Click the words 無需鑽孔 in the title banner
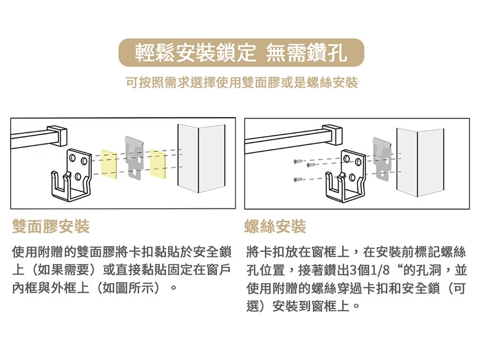pyautogui.click(x=307, y=53)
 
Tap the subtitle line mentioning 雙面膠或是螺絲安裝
pyautogui.click(x=242, y=82)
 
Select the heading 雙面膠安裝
pyautogui.click(x=51, y=227)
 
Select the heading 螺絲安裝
pyautogui.click(x=275, y=227)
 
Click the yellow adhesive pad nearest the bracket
pyautogui.click(x=109, y=164)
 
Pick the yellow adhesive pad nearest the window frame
pyautogui.click(x=158, y=164)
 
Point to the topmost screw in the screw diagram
pyautogui.click(x=298, y=161)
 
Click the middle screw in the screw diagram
pyautogui.click(x=311, y=166)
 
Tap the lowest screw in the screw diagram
pyautogui.click(x=298, y=179)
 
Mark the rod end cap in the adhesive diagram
pyautogui.click(x=56, y=135)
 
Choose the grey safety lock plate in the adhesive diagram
pyautogui.click(x=134, y=158)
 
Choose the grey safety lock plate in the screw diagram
pyautogui.click(x=382, y=158)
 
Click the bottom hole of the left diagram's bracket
pyautogui.click(x=78, y=176)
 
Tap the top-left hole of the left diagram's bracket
pyautogui.click(x=72, y=158)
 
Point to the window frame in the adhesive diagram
pyautogui.click(x=201, y=158)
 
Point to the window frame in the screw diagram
pyautogui.click(x=420, y=162)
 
